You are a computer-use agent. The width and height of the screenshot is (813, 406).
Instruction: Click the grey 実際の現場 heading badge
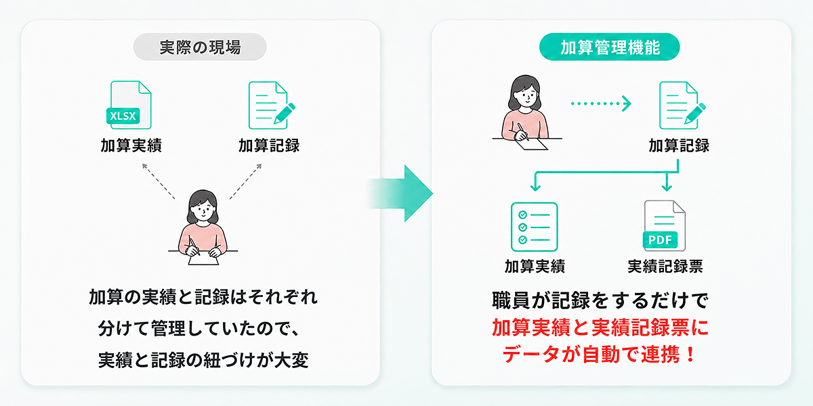(x=200, y=47)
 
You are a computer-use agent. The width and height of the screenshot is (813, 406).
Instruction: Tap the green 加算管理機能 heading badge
(x=609, y=47)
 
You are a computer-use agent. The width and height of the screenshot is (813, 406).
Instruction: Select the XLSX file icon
(x=129, y=105)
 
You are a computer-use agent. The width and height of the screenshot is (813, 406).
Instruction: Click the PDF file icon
(x=664, y=225)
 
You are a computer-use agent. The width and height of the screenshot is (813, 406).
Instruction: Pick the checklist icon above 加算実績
(x=535, y=227)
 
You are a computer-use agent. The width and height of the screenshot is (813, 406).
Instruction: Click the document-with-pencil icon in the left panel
(x=272, y=105)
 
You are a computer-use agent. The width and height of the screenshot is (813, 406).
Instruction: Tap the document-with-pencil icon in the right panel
(x=682, y=105)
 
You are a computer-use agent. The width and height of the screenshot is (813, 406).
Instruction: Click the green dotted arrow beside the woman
(x=601, y=104)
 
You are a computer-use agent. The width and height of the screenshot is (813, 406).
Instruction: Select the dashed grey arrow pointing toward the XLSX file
(x=159, y=181)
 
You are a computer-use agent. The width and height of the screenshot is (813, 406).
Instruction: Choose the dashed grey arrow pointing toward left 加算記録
(x=246, y=181)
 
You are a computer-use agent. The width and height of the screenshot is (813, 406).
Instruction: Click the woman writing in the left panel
(x=203, y=227)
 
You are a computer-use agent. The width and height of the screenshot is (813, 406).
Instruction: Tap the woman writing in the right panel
(x=526, y=112)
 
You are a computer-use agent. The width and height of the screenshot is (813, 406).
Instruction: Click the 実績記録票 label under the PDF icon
(x=665, y=267)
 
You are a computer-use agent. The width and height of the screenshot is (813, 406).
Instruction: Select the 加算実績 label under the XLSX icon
(x=131, y=145)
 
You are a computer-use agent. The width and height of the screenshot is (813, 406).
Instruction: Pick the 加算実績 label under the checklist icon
(x=535, y=267)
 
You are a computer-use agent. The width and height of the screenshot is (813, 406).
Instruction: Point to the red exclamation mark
(x=690, y=354)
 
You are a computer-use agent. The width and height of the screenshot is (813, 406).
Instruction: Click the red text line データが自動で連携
(x=591, y=354)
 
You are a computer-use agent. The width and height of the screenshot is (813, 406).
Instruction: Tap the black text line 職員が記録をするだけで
(x=600, y=300)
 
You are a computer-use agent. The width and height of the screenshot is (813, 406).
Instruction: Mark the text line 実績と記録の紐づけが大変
(x=203, y=360)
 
